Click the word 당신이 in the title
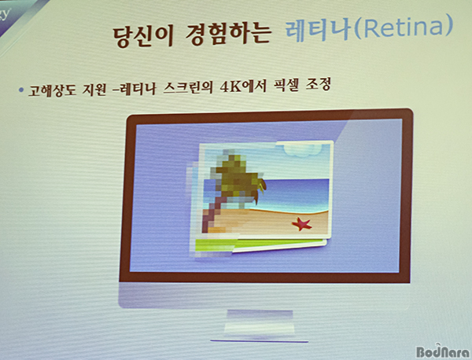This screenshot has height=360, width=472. click(143, 36)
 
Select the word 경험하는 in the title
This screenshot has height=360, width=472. click(227, 33)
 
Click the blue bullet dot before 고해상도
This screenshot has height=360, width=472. click(20, 90)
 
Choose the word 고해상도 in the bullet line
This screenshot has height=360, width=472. click(52, 90)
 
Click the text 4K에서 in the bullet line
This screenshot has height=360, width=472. click(243, 86)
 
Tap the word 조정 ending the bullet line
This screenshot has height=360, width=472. click(318, 84)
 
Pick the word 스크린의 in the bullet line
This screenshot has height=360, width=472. click(188, 87)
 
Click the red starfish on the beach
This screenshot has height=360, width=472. click(301, 224)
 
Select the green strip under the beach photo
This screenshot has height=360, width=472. click(259, 244)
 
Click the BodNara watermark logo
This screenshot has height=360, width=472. click(443, 351)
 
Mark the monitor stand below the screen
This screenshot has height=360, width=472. click(260, 325)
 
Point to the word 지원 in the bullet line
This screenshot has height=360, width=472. click(94, 90)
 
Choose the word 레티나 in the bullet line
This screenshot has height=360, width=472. click(138, 89)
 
